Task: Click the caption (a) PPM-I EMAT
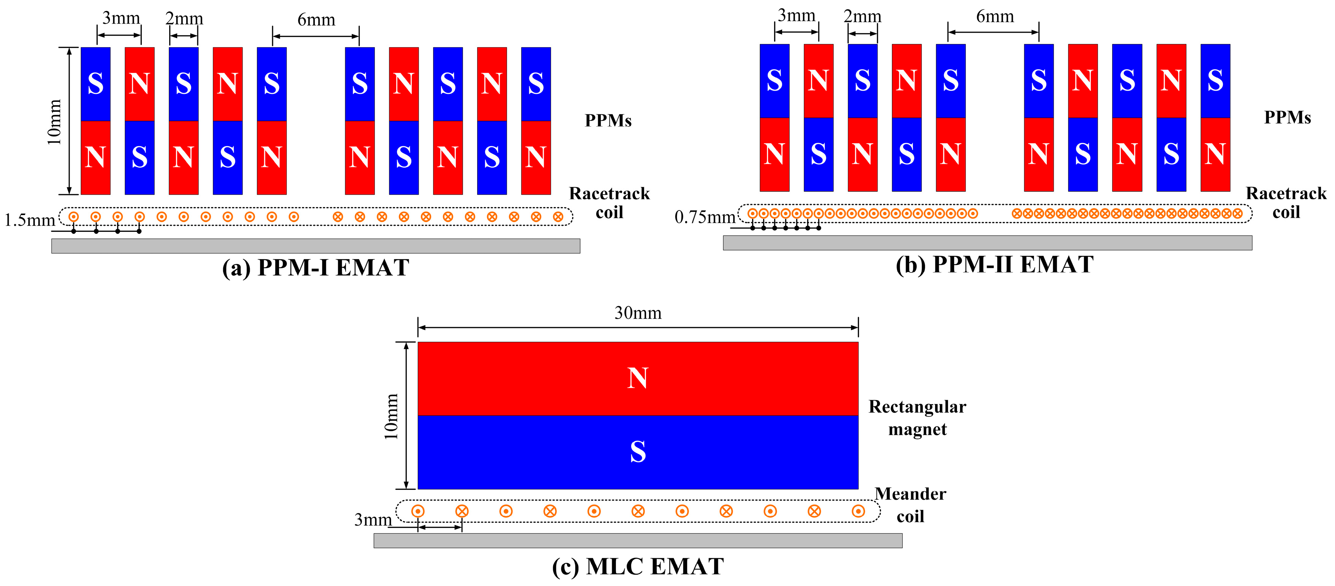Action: (316, 268)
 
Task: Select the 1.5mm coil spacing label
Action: (30, 220)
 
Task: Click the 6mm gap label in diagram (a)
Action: (316, 20)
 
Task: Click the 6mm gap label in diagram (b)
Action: (995, 17)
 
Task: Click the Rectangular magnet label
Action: (917, 418)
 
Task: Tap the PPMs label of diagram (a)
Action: (608, 121)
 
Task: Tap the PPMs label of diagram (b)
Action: (1287, 117)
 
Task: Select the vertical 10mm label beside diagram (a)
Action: (54, 122)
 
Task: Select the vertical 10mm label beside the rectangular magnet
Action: (391, 416)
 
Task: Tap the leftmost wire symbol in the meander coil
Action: (418, 512)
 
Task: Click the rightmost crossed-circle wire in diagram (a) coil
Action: (558, 217)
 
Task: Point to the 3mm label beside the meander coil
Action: (373, 519)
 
